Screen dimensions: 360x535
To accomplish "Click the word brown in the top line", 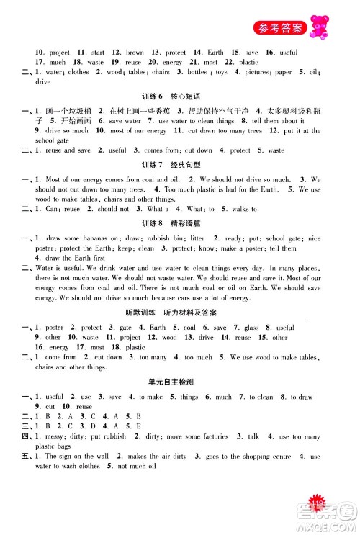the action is click(135, 53).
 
